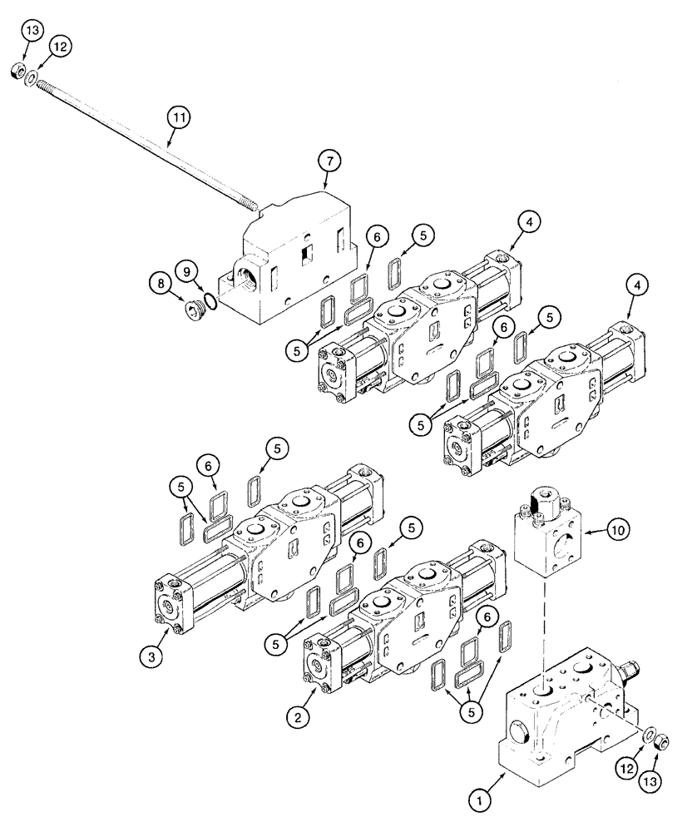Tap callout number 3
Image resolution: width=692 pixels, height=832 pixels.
pyautogui.click(x=151, y=656)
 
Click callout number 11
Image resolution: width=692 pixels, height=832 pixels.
pyautogui.click(x=176, y=117)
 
